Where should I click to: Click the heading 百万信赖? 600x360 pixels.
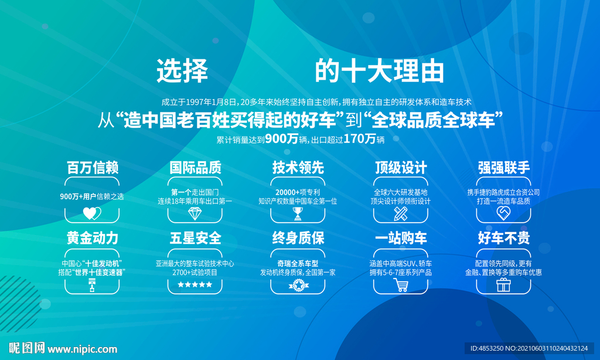click(92, 168)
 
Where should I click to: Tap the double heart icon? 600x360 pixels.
click(92, 213)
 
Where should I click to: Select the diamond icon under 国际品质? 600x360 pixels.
click(195, 213)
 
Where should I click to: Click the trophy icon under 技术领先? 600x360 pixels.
click(298, 213)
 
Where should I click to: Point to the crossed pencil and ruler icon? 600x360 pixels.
click(401, 213)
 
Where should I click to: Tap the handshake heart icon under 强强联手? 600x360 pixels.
click(503, 213)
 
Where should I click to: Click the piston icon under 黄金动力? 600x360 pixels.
click(92, 286)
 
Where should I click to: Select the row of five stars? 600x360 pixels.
click(195, 284)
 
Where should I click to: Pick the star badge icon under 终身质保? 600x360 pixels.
click(298, 286)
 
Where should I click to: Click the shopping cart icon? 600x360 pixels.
click(401, 285)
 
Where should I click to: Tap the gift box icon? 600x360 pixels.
click(503, 285)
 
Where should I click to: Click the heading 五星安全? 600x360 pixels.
click(195, 238)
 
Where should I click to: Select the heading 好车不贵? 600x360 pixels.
click(503, 238)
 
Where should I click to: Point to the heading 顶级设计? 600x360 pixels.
click(401, 168)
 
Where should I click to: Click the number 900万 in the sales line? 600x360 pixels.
click(281, 138)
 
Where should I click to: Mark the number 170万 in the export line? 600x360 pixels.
click(359, 138)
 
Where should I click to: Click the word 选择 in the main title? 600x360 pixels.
click(182, 71)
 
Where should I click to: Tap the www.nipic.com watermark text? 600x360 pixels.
click(82, 349)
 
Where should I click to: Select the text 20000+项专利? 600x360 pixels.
click(298, 192)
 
